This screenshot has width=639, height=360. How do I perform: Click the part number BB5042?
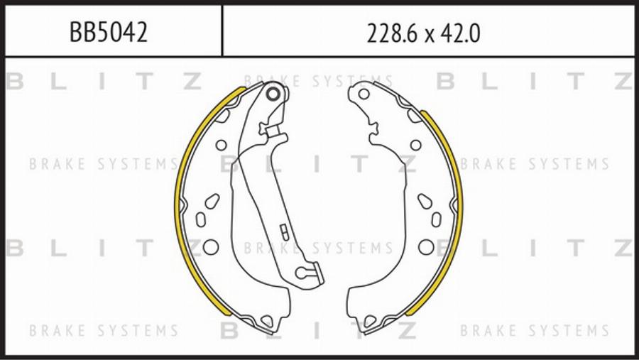pos(109,32)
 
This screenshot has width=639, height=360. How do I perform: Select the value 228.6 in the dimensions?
pos(392,33)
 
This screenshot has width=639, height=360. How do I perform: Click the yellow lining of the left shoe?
pos(180,204)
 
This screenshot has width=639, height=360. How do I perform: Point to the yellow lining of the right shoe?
pos(458,204)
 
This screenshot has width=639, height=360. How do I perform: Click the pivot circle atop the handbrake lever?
pos(273,94)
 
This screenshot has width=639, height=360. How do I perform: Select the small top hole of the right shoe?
pos(364,94)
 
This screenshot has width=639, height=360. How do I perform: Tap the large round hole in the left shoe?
pos(211,247)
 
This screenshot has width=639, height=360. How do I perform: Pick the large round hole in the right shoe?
pos(426,247)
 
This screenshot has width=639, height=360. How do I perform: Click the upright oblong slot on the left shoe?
pos(200,219)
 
